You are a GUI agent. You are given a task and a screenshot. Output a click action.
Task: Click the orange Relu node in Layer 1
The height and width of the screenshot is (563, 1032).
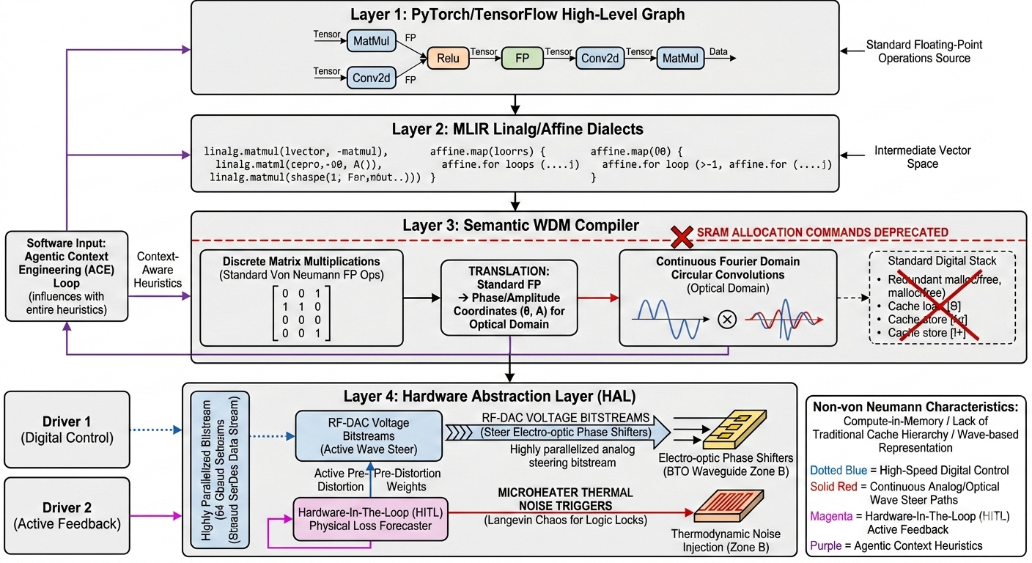[x=447, y=58]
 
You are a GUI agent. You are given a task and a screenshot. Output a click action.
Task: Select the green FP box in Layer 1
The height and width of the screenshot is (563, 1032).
[x=522, y=58]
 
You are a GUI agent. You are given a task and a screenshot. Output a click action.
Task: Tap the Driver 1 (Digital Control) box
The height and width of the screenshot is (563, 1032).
[x=67, y=430]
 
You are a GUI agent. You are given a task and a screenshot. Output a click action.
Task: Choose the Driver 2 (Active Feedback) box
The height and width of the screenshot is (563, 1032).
[x=67, y=515]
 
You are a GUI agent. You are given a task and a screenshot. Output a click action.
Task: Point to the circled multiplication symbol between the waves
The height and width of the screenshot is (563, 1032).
[x=726, y=320]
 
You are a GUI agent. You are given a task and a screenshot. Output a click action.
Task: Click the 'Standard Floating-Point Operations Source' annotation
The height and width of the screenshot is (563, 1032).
[x=924, y=51]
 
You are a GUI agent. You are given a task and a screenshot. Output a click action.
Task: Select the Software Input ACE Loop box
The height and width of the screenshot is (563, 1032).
[x=67, y=276]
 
